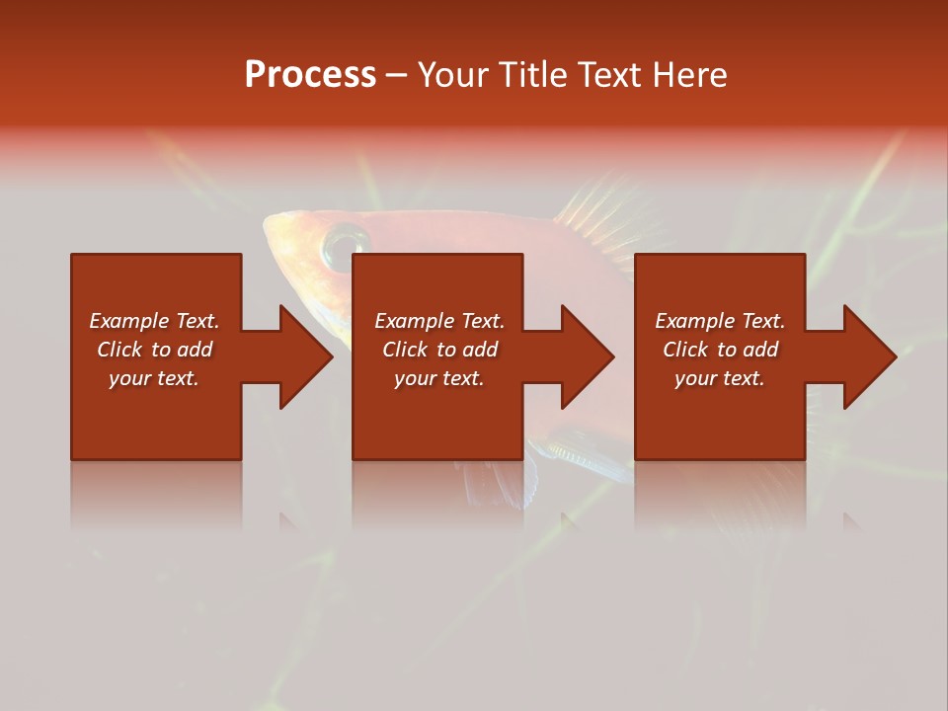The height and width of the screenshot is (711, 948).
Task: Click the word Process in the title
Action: [310, 75]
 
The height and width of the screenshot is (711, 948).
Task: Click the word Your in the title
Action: [453, 75]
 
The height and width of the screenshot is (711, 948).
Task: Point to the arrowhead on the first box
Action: [302, 356]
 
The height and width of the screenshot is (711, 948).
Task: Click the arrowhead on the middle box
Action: [584, 356]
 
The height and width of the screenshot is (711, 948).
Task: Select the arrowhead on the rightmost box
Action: [866, 356]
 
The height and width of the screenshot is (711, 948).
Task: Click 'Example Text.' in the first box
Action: [154, 321]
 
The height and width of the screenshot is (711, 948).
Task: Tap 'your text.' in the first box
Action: [154, 378]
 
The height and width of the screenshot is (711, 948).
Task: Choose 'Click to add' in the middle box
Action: [439, 350]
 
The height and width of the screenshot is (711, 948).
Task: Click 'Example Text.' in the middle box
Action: [439, 321]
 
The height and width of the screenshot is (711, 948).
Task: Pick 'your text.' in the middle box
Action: [439, 378]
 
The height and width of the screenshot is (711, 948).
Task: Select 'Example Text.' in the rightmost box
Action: [720, 321]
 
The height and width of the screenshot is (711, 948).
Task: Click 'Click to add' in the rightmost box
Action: [720, 350]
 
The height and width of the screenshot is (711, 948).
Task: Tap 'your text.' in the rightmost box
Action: [720, 378]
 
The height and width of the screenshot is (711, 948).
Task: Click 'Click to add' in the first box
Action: [154, 350]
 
